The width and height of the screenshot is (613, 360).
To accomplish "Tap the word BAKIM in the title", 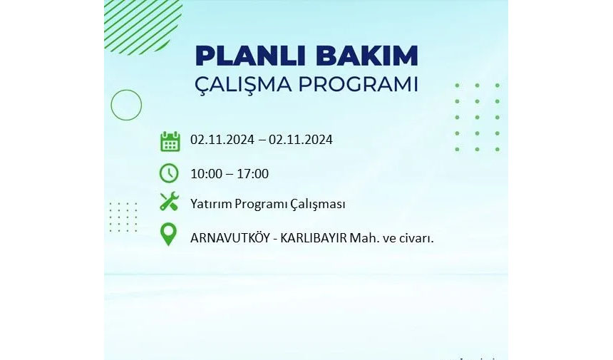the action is coord(367,56).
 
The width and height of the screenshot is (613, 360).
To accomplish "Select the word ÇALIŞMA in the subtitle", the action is coord(249,85).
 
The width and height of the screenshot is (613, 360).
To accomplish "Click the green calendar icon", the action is coord(170,141).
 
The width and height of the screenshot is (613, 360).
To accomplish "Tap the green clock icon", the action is coord(169,173).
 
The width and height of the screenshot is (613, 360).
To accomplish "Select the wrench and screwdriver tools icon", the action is coord(169,202).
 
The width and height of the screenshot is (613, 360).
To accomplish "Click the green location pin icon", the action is coord(168,235).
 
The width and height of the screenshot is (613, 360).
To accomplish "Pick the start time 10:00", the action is coord(207,174).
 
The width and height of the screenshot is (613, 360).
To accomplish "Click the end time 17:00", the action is coord(252,174).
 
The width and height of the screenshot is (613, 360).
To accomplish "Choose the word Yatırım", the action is coord(211,204).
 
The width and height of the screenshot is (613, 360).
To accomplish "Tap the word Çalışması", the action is coord(318,205).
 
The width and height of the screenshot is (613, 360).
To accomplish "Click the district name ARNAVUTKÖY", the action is coord(230,237).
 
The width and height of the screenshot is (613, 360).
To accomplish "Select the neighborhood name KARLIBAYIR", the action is coord(314,238).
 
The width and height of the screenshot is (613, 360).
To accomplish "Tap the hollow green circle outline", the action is coord(126,90).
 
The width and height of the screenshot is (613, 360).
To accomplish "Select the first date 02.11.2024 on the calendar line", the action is coord(222,140).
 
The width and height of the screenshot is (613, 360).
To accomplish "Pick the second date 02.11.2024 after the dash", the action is coord(301,140).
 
